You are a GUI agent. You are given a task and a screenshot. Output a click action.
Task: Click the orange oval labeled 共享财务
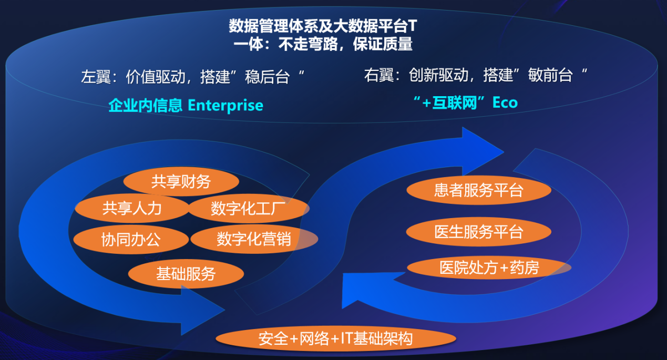coord(181,182)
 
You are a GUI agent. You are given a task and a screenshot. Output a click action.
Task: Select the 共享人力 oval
coord(131,208)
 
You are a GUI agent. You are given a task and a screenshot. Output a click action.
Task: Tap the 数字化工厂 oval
coord(248,209)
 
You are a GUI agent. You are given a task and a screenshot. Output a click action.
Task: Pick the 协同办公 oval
coord(130,240)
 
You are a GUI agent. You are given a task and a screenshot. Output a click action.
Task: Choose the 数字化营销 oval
coord(254,239)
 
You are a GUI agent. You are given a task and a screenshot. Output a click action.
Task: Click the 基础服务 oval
coord(186,274)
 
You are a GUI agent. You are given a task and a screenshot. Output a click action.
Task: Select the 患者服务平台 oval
coord(478,190)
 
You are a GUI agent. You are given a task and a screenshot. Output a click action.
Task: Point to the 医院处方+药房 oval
coord(489,268)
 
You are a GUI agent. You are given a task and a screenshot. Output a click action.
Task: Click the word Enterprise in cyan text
coord(225,106)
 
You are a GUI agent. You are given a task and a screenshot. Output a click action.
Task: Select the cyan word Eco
coord(505,102)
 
